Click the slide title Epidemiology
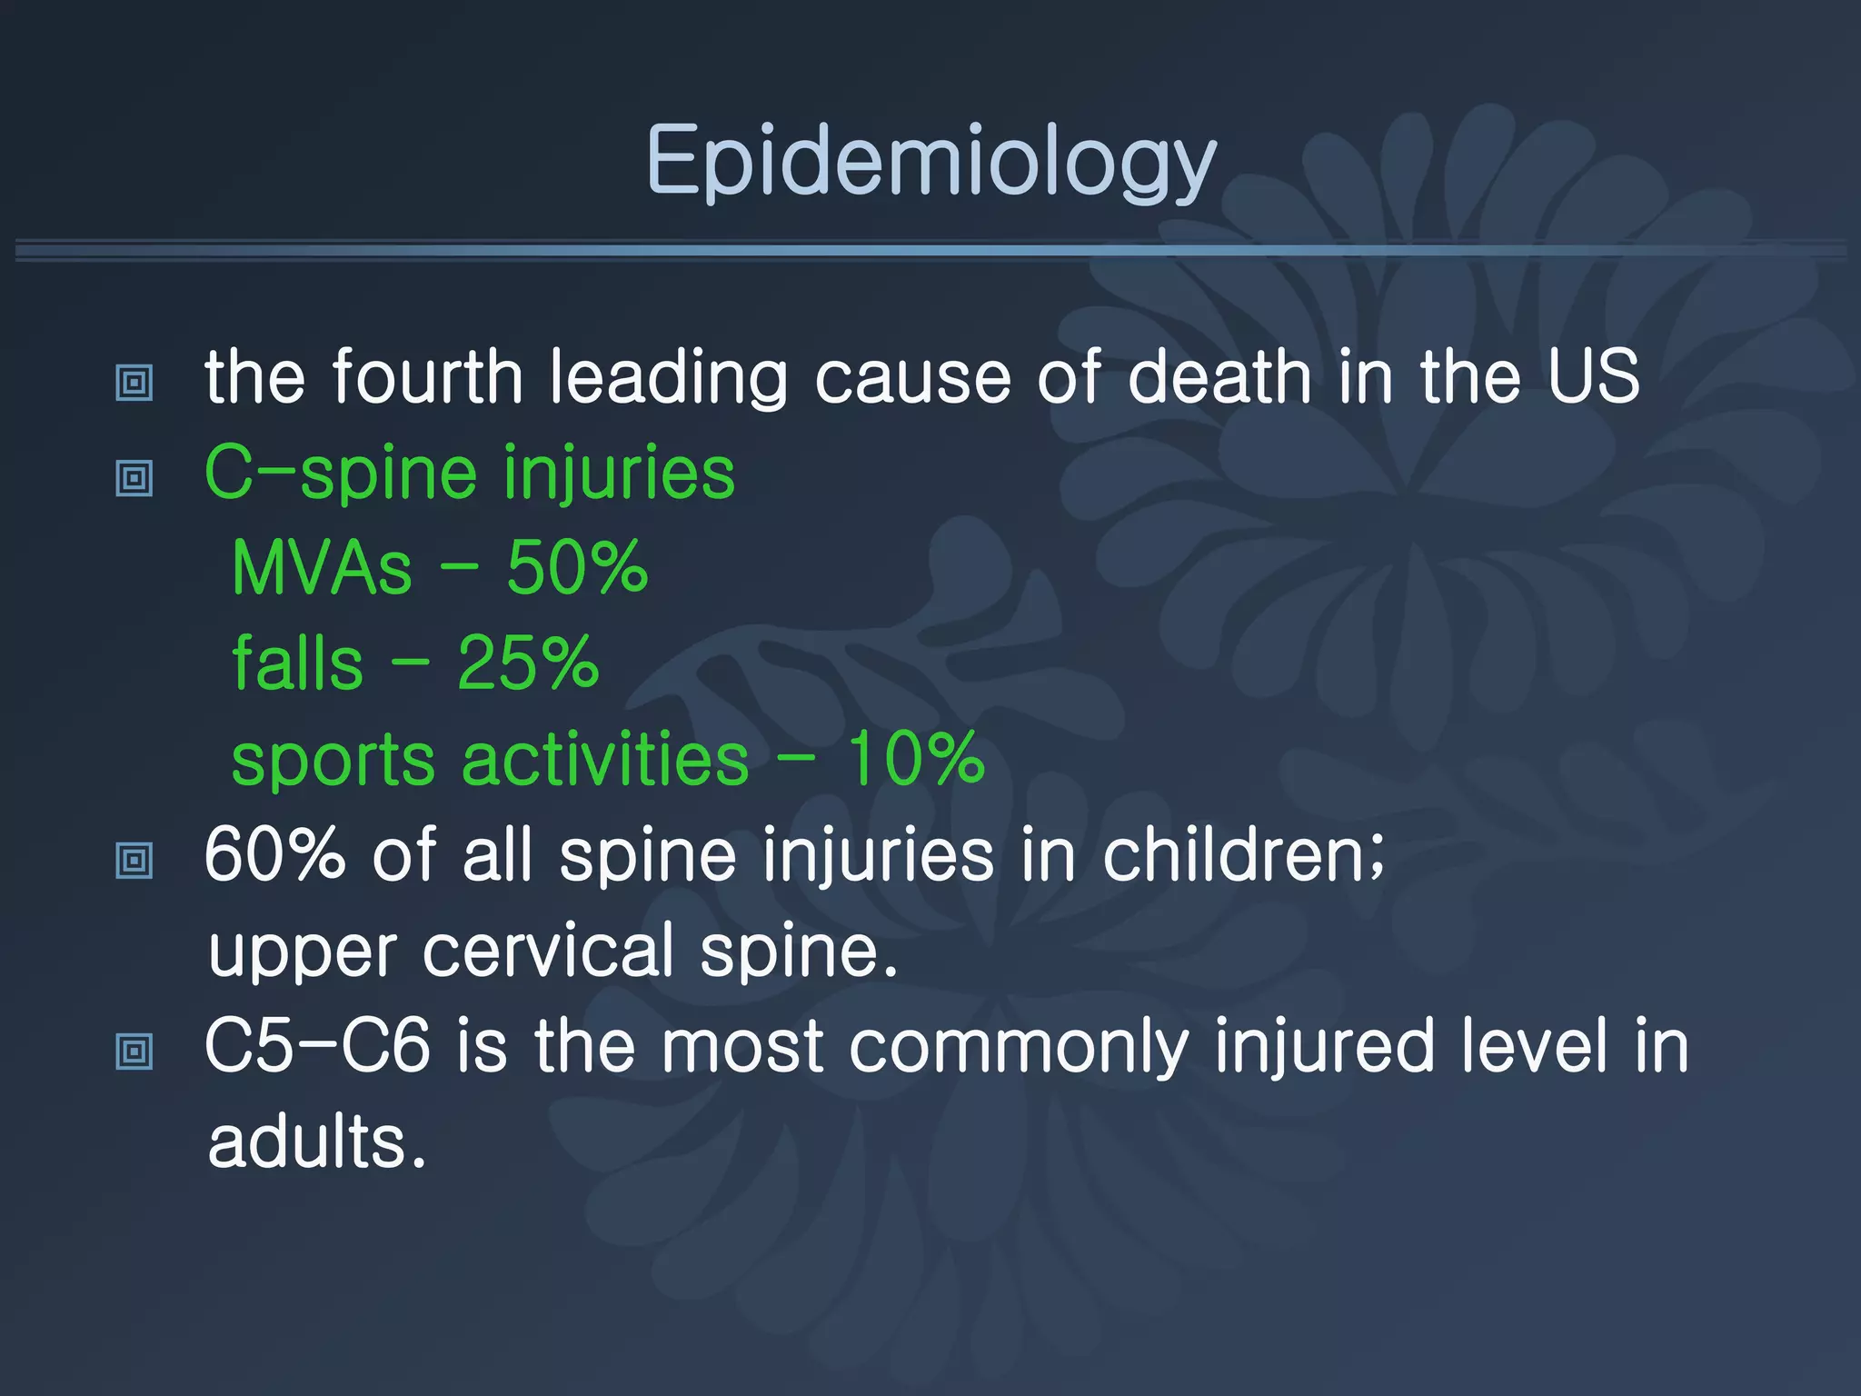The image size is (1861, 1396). pos(930,162)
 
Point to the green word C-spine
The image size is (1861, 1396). pos(340,473)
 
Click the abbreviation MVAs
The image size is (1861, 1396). pos(322,568)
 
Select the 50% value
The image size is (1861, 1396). pos(577,568)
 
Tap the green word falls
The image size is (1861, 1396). pos(297,663)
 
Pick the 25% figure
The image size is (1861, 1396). pos(528,663)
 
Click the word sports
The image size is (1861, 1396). pos(333,761)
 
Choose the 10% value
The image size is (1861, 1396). pos(915,759)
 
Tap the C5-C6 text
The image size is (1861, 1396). pos(317,1046)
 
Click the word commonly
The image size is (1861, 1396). pos(1019,1048)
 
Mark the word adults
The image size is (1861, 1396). pos(315,1142)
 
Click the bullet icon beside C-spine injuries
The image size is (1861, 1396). pos(134,477)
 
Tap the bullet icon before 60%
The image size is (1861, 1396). pos(134,860)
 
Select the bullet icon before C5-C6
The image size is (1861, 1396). pos(134,1052)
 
